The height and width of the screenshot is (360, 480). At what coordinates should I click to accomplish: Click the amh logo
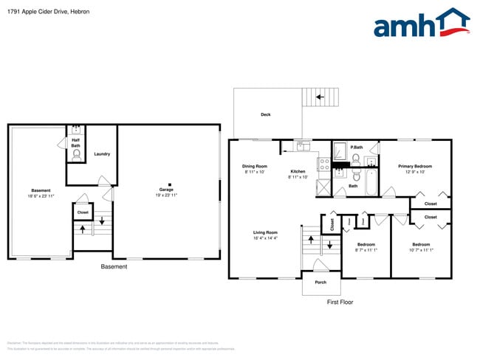421,24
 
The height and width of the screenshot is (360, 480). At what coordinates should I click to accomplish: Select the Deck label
265,115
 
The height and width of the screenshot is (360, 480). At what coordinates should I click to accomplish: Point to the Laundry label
102,154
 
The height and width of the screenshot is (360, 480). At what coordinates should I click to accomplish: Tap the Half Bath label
75,143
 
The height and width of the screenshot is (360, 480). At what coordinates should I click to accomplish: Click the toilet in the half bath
75,156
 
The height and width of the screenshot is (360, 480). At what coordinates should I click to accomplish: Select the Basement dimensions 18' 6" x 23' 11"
41,196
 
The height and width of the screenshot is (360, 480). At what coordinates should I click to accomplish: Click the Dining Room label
254,167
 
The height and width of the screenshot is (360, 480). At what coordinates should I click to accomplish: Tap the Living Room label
265,233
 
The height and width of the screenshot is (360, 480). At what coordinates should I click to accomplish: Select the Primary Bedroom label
415,167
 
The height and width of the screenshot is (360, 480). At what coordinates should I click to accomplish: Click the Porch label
320,283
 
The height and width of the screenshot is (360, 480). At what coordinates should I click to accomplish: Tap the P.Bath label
356,147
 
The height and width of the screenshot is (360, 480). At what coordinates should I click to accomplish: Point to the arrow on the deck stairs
320,97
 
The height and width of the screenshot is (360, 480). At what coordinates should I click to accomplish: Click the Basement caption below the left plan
114,266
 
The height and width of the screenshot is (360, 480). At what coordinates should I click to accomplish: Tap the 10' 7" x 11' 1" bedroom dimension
421,250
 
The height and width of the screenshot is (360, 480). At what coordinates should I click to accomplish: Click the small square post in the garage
169,184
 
